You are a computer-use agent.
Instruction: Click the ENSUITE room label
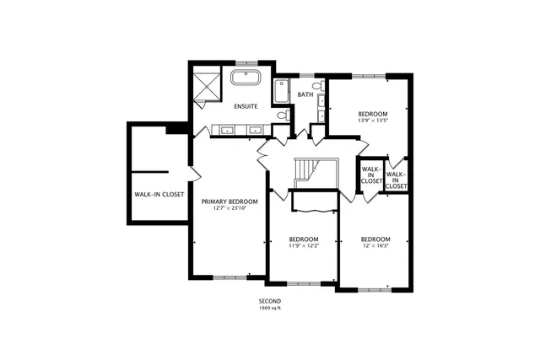coord(246,106)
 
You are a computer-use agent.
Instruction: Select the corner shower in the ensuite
coord(206,86)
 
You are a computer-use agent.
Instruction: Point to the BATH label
coord(305,94)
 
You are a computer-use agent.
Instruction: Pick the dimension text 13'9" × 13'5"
coord(372,121)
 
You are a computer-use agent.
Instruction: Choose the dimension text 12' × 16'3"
coord(375,245)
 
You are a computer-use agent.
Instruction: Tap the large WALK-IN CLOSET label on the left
coord(159,194)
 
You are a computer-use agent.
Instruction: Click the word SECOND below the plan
coord(270,301)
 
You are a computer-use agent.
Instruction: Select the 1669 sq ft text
coord(270,308)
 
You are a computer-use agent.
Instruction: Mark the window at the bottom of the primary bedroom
coord(230,277)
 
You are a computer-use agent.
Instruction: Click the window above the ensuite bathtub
coord(246,62)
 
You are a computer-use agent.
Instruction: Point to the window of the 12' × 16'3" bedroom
coord(375,290)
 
